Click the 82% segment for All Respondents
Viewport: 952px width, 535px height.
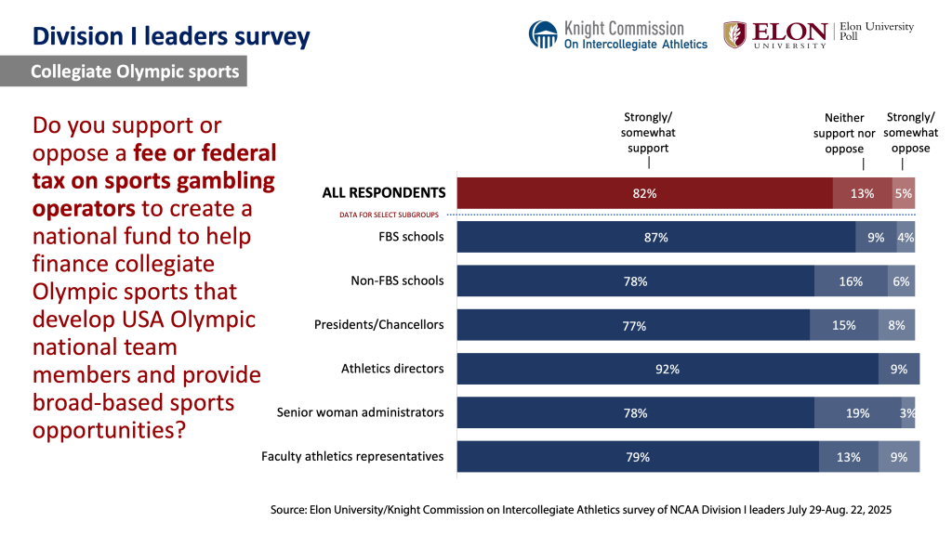(x=645, y=193)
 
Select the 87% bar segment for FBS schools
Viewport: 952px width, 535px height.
(x=656, y=238)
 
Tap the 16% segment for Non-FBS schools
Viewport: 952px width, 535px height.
(x=851, y=281)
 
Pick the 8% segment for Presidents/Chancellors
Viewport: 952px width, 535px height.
(x=897, y=325)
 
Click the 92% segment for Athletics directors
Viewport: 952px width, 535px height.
(x=668, y=369)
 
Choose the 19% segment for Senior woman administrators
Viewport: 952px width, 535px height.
(x=857, y=413)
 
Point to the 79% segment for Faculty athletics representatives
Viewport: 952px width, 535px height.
(x=638, y=457)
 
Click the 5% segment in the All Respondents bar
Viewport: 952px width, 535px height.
(x=904, y=193)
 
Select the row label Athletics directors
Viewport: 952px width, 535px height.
(x=392, y=369)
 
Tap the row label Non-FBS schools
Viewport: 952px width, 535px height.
(x=397, y=281)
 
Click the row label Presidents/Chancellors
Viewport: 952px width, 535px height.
(x=379, y=324)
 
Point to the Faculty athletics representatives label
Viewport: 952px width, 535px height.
(x=352, y=456)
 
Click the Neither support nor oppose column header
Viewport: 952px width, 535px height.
(x=844, y=133)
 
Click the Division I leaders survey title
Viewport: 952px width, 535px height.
(x=171, y=36)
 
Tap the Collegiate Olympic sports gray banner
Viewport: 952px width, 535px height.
(x=134, y=72)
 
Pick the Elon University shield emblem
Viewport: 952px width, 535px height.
(x=734, y=34)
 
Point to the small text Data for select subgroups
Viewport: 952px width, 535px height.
(x=388, y=215)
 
